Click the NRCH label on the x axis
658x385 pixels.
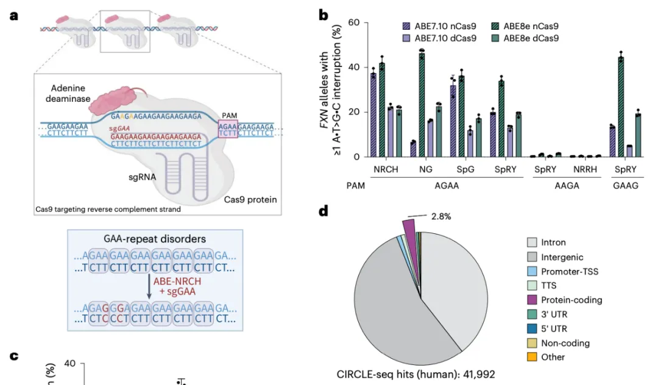386,169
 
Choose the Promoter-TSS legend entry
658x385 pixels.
570,272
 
